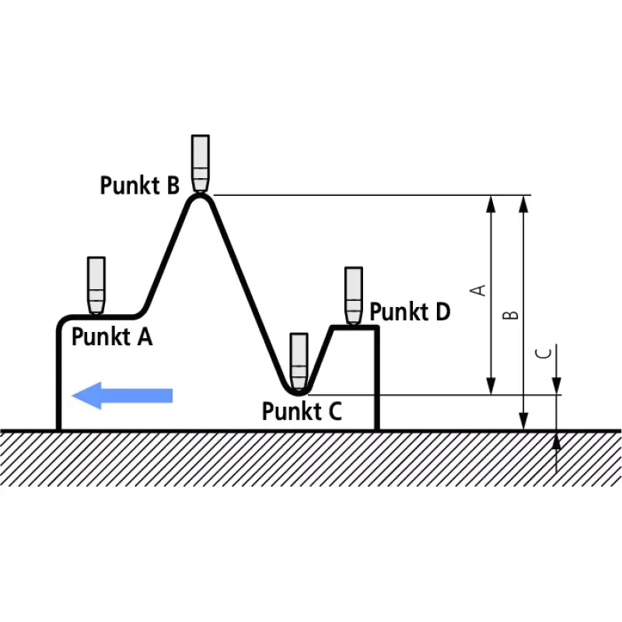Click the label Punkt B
pyautogui.click(x=140, y=185)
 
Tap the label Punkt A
pyautogui.click(x=112, y=337)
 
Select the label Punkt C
pyautogui.click(x=302, y=411)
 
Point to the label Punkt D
pyautogui.click(x=410, y=312)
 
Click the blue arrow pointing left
pyautogui.click(x=122, y=396)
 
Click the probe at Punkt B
pyautogui.click(x=201, y=164)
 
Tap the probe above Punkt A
pyautogui.click(x=96, y=285)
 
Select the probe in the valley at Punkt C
pyautogui.click(x=299, y=362)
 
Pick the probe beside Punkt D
pyautogui.click(x=354, y=296)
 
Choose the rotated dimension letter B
pyautogui.click(x=511, y=315)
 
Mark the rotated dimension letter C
pyautogui.click(x=543, y=353)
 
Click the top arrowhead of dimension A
pyautogui.click(x=491, y=204)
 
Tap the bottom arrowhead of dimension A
pyautogui.click(x=491, y=386)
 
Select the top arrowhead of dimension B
pyautogui.click(x=523, y=204)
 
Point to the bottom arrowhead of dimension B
pyautogui.click(x=523, y=421)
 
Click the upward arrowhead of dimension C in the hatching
pyautogui.click(x=557, y=441)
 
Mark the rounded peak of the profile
pyautogui.click(x=201, y=197)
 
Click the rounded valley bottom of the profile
pyautogui.click(x=298, y=393)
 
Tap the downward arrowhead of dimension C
pyautogui.click(x=557, y=386)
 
